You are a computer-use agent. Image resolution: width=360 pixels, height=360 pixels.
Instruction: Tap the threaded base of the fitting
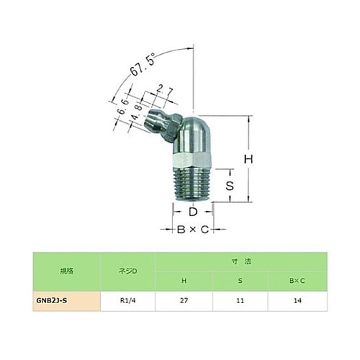(x=192, y=184)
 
